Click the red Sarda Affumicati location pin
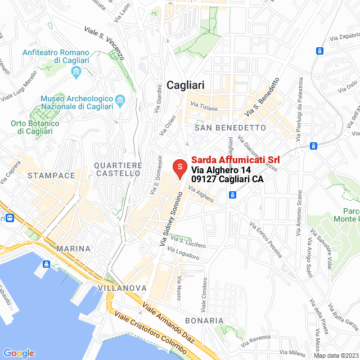coord(179,168)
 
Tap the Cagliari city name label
coord(186,85)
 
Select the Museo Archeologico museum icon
coord(120,101)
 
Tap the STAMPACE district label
coord(51,175)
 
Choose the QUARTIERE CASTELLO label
coord(118,169)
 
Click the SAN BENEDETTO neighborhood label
coord(229,128)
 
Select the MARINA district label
coord(73,248)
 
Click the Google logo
coord(19,353)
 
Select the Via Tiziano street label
coord(204,105)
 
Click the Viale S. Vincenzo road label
coord(103,43)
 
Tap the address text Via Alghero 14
coord(221,170)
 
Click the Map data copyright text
coord(335,355)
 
